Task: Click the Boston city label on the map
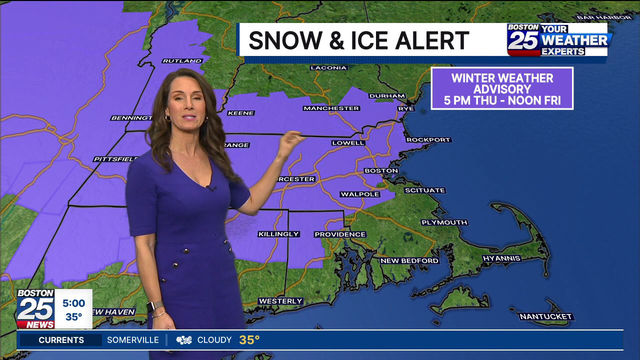[381, 171]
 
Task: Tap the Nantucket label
[545, 316]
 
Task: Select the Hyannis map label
[501, 258]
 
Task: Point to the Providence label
[340, 234]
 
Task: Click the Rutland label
[182, 61]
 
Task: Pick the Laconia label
[328, 68]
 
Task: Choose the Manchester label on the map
[331, 108]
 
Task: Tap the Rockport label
[428, 140]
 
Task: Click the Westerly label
[280, 301]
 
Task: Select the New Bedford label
[409, 260]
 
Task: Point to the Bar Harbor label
[604, 17]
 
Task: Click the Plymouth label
[444, 222]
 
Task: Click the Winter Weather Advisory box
[502, 89]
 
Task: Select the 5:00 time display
[73, 303]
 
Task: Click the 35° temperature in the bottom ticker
[249, 340]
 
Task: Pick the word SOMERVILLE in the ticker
[133, 340]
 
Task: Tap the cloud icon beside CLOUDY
[184, 340]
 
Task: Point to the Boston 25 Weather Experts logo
[558, 39]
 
